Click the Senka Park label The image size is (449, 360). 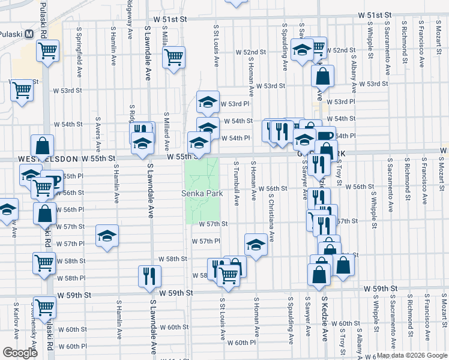pos(203,194)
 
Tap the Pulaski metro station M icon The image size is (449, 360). pos(28,34)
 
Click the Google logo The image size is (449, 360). pos(20,353)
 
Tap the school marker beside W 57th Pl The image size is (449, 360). pos(107,235)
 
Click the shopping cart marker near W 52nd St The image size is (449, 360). pos(173,58)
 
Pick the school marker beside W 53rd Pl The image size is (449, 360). pos(208,102)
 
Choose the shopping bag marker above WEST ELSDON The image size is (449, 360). pos(43,146)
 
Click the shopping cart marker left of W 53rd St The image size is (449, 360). pos(22,91)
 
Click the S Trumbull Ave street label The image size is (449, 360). pos(237,180)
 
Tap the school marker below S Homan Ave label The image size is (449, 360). pos(255,244)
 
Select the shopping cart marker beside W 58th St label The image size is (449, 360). pos(45,262)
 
